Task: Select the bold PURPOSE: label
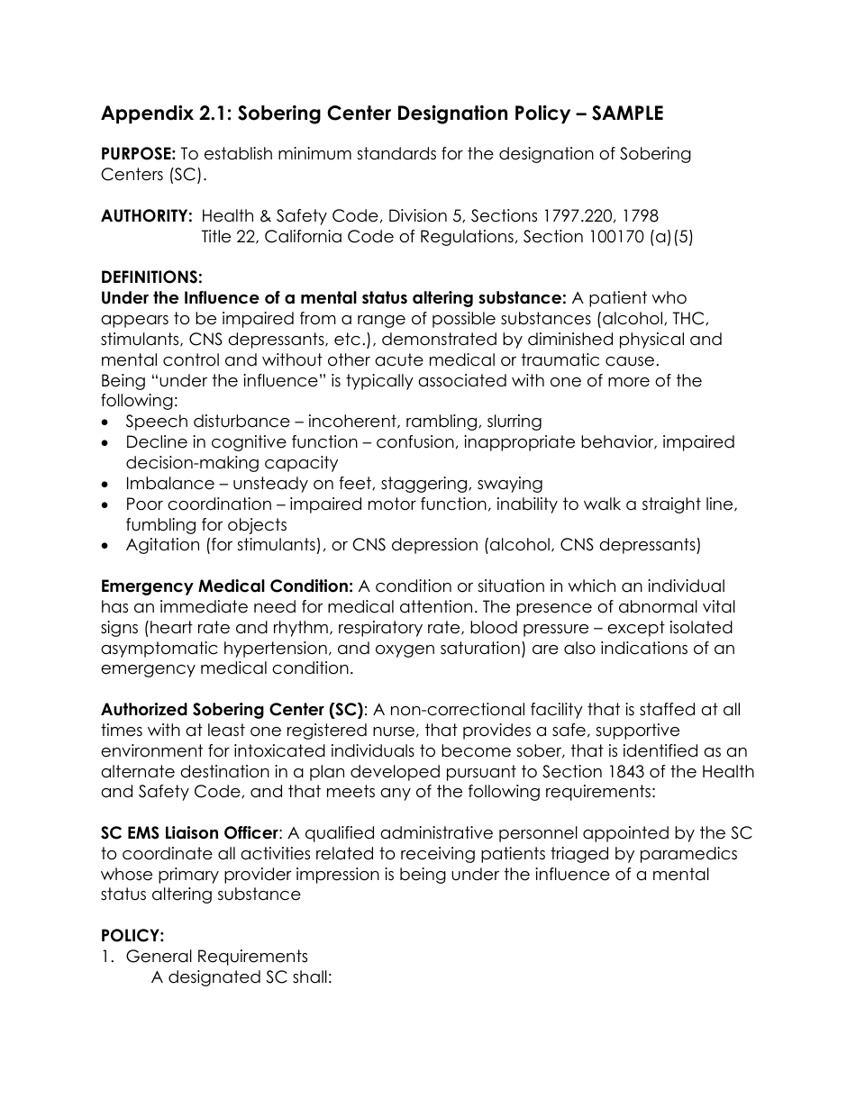(138, 154)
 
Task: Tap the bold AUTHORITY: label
(147, 216)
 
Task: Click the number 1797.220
(576, 216)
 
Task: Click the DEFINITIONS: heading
(151, 277)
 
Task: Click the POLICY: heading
(132, 936)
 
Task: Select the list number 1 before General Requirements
(107, 957)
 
